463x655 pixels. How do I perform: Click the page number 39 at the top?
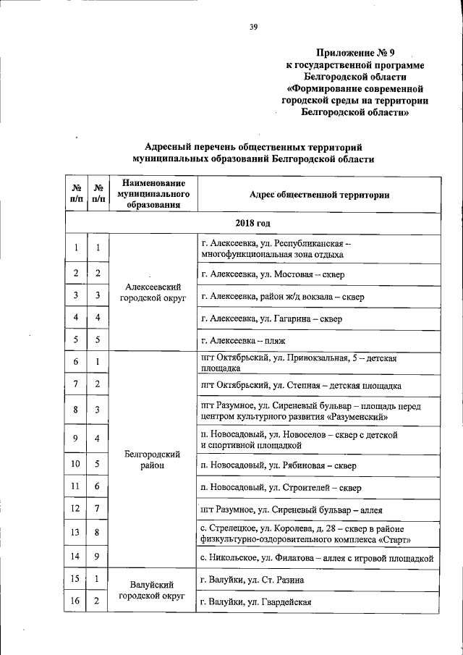tap(254, 28)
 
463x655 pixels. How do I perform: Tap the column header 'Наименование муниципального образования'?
tap(152, 194)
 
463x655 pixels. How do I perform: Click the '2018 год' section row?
tap(252, 221)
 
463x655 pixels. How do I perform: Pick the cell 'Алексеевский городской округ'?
tap(152, 292)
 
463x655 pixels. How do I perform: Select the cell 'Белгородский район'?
tap(152, 460)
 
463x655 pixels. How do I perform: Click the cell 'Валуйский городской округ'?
tap(152, 591)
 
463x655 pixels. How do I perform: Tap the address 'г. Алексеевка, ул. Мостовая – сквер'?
tap(274, 274)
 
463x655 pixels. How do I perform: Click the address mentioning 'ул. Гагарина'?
tap(271, 318)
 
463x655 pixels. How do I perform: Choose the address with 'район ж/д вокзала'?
tap(283, 297)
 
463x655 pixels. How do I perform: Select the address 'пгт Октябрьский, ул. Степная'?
tap(301, 386)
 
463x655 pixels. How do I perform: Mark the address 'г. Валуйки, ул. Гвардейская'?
tap(256, 602)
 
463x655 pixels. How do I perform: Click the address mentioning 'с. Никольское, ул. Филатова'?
tap(317, 557)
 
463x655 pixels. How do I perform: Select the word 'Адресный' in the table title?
tap(166, 146)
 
